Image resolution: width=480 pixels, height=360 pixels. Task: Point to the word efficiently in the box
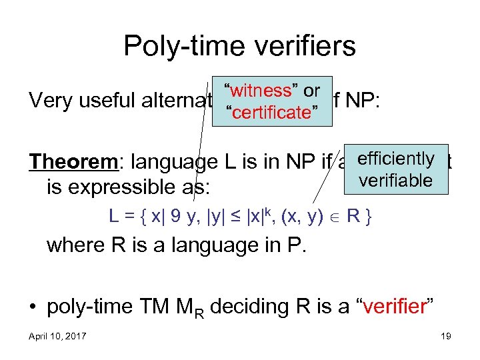click(x=395, y=159)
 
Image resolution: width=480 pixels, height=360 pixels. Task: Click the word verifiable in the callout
click(x=395, y=180)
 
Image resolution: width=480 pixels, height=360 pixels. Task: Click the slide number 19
click(x=445, y=336)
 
